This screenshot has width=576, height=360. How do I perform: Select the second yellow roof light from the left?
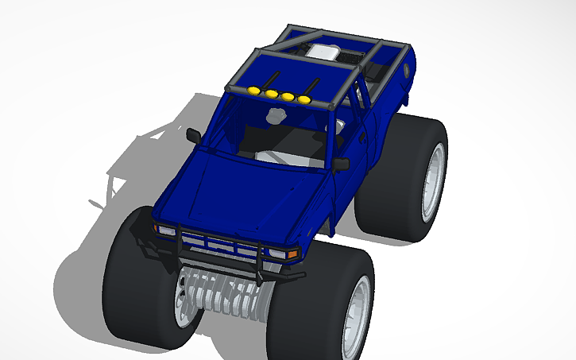click(272, 95)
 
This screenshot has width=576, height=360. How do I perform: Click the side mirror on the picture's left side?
click(193, 136)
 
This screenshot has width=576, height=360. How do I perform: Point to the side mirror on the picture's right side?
click(342, 165)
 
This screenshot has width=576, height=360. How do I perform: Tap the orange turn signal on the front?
click(293, 254)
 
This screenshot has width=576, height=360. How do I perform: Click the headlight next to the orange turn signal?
click(279, 253)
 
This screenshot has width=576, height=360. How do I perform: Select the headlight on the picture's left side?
click(166, 230)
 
